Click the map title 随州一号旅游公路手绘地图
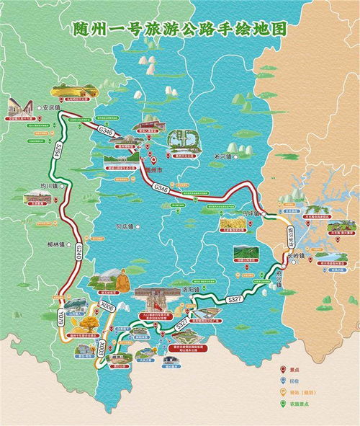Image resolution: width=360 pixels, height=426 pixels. click(180, 30)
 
